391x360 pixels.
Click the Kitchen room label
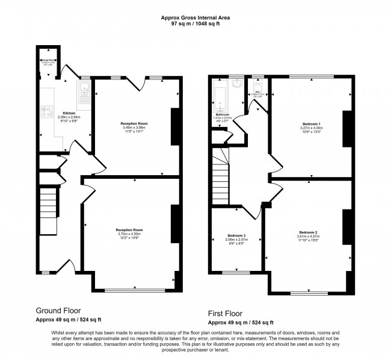pos(69,113)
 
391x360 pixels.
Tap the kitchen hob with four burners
pos(46,111)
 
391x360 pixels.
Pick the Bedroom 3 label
pos(236,235)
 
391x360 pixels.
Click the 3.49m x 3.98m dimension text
pos(135,127)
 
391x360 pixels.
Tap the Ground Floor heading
pos(58,311)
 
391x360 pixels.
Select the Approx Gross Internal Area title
pos(195,17)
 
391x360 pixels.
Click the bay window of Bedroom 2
pos(308,293)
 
